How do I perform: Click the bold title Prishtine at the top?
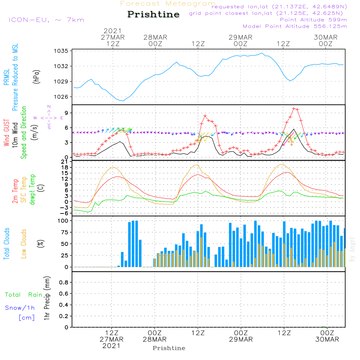pos(153,14)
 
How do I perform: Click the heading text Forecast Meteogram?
pos(168,4)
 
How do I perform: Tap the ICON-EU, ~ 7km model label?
pos(46,19)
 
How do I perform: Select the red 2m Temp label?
pos(15,191)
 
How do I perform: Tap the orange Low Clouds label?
pos(24,243)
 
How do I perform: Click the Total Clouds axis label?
pos(6,243)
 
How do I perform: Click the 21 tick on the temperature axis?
pos(65,162)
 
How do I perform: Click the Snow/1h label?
pos(20,308)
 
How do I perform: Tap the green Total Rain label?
pos(24,295)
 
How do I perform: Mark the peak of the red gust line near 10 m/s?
pos(294,108)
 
